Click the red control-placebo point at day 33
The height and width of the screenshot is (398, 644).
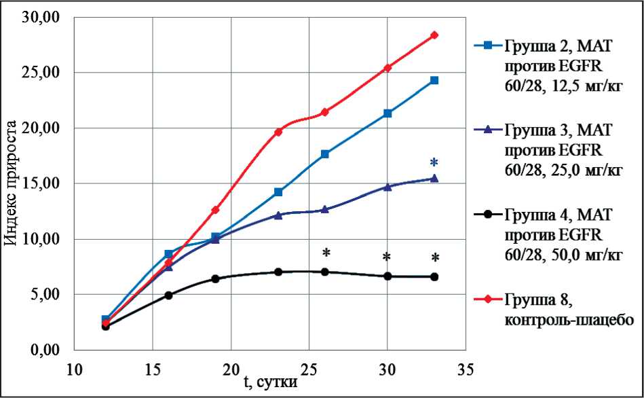click(x=434, y=35)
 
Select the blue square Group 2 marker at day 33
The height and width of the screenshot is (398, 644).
click(x=434, y=80)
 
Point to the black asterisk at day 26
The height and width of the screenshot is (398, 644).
click(x=326, y=254)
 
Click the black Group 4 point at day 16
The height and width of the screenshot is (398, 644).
click(x=168, y=295)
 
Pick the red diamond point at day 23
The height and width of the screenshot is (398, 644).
click(x=278, y=132)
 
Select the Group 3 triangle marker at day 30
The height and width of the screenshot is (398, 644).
click(x=387, y=187)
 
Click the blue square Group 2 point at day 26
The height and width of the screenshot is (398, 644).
click(x=325, y=154)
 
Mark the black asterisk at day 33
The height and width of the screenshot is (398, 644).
click(x=435, y=258)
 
